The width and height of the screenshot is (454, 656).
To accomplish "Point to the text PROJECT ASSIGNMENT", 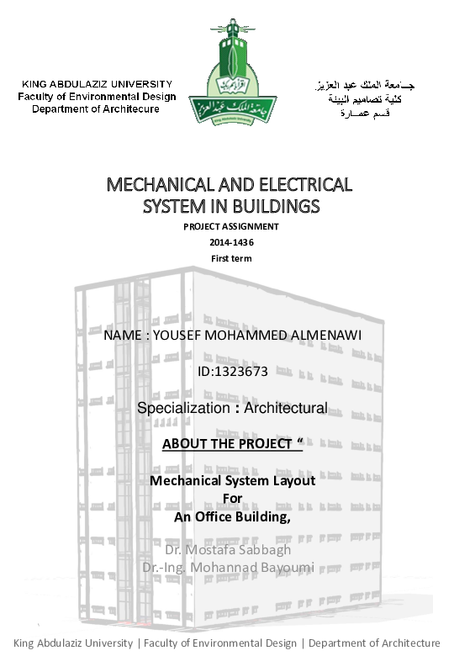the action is tap(231, 226).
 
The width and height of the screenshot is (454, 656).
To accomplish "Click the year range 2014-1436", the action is tap(231, 242).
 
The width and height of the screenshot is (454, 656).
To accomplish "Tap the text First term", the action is tap(231, 258).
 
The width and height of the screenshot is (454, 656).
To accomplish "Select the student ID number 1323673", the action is tap(245, 370).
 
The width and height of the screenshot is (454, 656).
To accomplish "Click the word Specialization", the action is tap(182, 409).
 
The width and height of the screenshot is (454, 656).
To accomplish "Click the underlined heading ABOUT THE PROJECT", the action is tap(227, 444).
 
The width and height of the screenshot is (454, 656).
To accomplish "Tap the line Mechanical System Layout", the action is tap(232, 481).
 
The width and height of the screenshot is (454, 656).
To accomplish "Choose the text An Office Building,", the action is tap(232, 517).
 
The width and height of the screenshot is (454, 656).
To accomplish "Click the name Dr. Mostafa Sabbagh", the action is tap(228, 549).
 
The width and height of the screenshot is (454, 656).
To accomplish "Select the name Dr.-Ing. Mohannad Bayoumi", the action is tap(228, 568).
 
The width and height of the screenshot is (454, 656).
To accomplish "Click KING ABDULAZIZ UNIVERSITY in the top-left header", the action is tap(97, 84).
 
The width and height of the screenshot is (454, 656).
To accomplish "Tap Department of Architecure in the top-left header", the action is tap(96, 109).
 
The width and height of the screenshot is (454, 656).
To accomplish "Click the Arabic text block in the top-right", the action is tap(363, 98).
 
